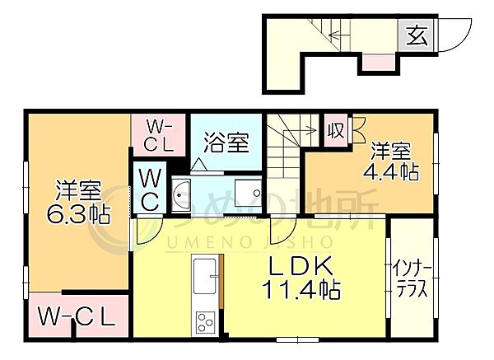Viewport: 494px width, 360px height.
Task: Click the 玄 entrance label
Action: (x=417, y=35)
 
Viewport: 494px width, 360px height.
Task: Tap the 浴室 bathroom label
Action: (x=226, y=143)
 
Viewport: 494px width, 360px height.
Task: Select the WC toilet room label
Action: (x=150, y=189)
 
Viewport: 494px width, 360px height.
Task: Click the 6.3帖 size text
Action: (x=78, y=215)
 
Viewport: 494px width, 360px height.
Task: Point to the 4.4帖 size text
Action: (x=390, y=171)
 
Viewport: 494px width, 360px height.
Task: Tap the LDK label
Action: (x=301, y=266)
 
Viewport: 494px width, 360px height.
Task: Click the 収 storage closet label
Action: (x=336, y=130)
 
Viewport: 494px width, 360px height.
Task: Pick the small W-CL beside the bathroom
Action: (x=158, y=137)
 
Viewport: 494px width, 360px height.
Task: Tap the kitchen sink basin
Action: (x=205, y=276)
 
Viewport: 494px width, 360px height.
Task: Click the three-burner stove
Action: (x=205, y=322)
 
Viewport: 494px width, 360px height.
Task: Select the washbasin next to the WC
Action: (x=181, y=194)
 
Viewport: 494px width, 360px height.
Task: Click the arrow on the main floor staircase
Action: (x=301, y=129)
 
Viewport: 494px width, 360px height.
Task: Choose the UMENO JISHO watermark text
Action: (x=249, y=243)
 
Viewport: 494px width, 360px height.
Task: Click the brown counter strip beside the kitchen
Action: (x=221, y=281)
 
